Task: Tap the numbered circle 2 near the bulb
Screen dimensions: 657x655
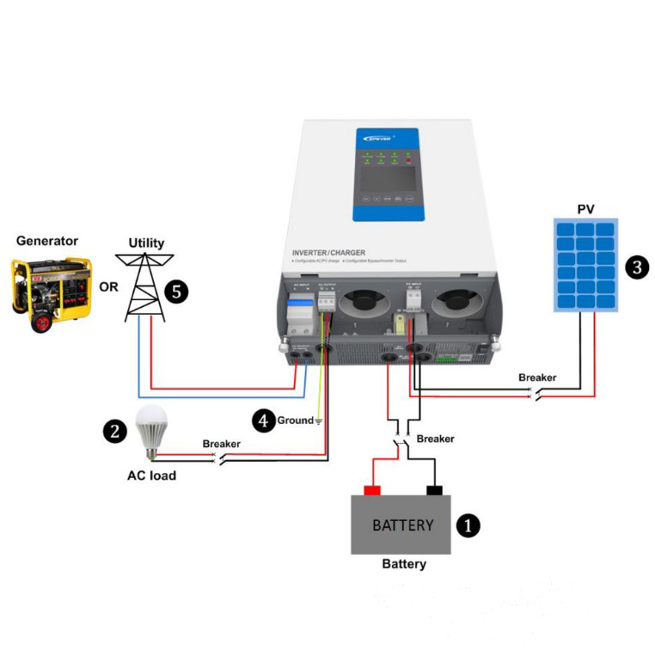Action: [115, 431]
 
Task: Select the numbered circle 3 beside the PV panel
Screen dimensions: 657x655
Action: [636, 267]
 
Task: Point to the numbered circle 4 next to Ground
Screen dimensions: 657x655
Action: [264, 421]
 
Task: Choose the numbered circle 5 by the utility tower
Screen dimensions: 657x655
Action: [175, 291]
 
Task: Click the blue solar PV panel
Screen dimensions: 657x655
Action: [585, 266]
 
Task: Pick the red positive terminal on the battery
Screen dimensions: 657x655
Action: [372, 490]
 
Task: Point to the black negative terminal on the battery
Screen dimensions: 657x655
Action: [434, 490]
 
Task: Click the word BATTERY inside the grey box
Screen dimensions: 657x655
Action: [402, 525]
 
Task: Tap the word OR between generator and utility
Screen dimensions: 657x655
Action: [108, 287]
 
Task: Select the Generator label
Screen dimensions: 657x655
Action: [47, 242]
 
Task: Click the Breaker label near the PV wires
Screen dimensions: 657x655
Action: [537, 378]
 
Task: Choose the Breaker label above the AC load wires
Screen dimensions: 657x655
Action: [222, 444]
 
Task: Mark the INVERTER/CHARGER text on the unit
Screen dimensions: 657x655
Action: [329, 253]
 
